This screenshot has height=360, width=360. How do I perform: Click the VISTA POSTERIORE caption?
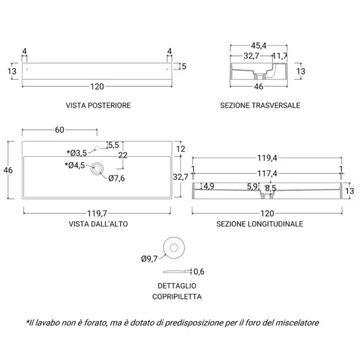[98, 105]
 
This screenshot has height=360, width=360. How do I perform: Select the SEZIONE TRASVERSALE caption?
[260, 105]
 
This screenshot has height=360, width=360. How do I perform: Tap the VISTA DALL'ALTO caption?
[98, 223]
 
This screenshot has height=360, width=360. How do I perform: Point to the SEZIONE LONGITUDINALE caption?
[260, 223]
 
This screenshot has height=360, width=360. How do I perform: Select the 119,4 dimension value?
[267, 158]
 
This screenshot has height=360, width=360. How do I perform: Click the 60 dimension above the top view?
[59, 130]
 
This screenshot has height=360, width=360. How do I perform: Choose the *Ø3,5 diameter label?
[77, 152]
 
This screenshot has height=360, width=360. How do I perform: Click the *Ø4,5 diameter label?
[77, 165]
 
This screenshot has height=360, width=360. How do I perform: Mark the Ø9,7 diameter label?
[149, 259]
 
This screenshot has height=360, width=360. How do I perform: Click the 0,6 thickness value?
[199, 271]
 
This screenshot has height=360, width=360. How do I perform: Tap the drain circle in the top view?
[97, 169]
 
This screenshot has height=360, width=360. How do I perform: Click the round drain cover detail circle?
[173, 247]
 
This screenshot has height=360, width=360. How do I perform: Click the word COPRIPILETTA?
[176, 296]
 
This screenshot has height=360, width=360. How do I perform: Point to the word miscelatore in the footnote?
[294, 322]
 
